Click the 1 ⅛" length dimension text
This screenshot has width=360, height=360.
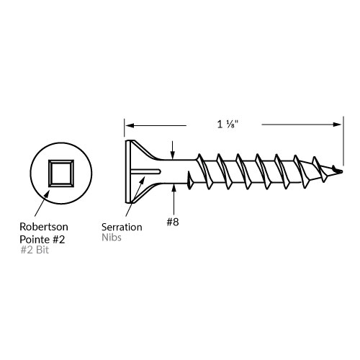point(228,124)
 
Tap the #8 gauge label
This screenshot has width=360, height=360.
point(173,222)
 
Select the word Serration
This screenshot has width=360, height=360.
point(122,227)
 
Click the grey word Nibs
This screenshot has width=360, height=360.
point(112,238)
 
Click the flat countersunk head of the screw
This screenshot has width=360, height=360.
point(130,171)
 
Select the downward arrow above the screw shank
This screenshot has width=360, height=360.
point(173,150)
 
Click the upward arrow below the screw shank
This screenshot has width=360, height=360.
point(173,193)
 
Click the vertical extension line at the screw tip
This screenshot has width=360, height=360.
point(342,144)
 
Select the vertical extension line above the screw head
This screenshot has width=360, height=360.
point(125,130)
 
